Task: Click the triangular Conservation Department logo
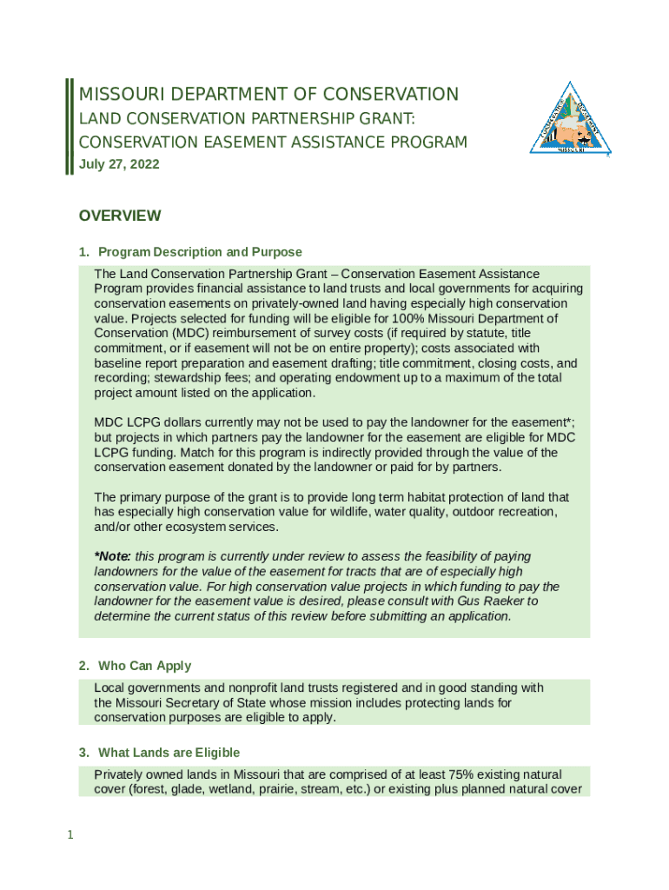point(569,121)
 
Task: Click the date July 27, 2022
point(119,164)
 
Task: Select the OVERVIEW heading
point(119,216)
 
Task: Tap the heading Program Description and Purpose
point(200,253)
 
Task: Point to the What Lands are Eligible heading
point(169,753)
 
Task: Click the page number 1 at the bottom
point(71,836)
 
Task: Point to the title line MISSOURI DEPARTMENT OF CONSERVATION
point(268,94)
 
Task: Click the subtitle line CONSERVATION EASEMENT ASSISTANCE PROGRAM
point(273,142)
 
